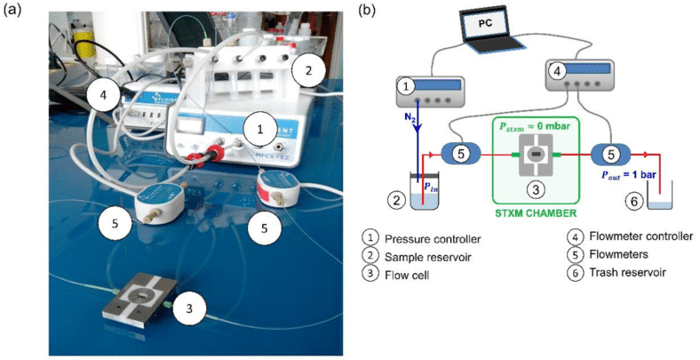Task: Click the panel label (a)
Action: click(12, 11)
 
